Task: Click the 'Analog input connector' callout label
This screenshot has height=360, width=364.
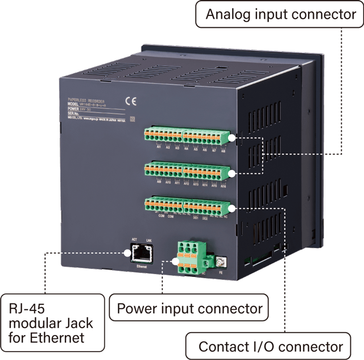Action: coord(280,15)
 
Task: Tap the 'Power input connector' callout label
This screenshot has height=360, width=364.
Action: coord(190,309)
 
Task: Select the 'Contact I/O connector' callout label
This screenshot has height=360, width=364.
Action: coord(271,346)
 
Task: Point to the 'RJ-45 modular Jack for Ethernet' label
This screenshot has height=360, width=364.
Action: coord(51,323)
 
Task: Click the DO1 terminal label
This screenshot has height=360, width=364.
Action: coord(196,217)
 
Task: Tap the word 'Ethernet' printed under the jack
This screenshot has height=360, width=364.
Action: coord(142,266)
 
